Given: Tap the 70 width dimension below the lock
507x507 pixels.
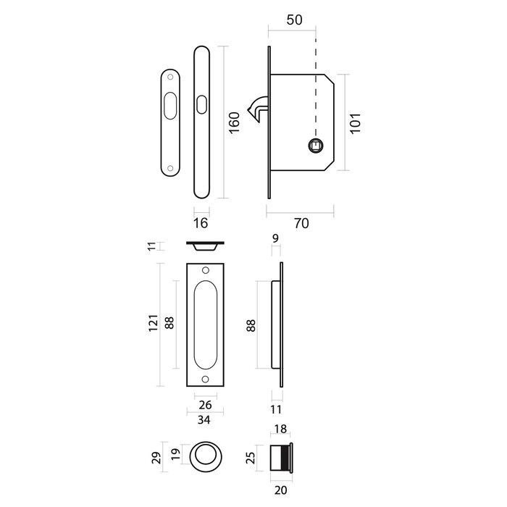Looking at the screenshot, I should pyautogui.click(x=301, y=224).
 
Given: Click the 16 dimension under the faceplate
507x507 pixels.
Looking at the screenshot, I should pyautogui.click(x=202, y=224).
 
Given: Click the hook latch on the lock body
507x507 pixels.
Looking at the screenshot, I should pyautogui.click(x=256, y=111).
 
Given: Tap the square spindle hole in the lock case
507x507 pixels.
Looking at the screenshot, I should pyautogui.click(x=316, y=145).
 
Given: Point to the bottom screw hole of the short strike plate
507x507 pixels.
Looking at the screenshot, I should pyautogui.click(x=170, y=169).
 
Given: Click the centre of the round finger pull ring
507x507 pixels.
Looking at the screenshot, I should pyautogui.click(x=207, y=456).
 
